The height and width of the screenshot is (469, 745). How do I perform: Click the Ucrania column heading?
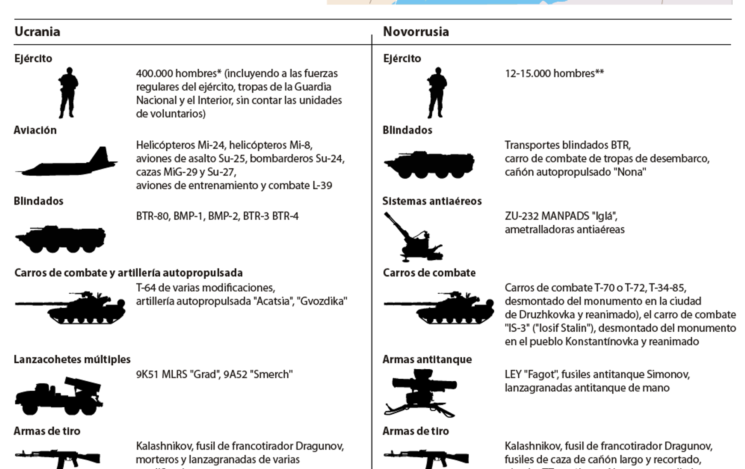(37, 31)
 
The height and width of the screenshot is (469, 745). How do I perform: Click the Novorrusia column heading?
(416, 31)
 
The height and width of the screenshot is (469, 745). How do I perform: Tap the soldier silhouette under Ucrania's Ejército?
(68, 92)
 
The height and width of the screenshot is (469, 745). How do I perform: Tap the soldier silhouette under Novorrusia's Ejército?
(437, 92)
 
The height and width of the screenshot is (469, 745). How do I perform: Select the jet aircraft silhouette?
(67, 162)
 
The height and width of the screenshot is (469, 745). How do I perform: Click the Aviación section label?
(35, 130)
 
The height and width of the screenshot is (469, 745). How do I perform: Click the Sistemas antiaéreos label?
(432, 201)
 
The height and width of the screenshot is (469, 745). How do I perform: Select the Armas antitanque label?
(427, 359)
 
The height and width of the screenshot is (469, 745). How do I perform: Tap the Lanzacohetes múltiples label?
(72, 359)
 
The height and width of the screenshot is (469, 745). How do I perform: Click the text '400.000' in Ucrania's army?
(152, 73)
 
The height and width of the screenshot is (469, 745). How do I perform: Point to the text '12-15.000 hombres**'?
(554, 73)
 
